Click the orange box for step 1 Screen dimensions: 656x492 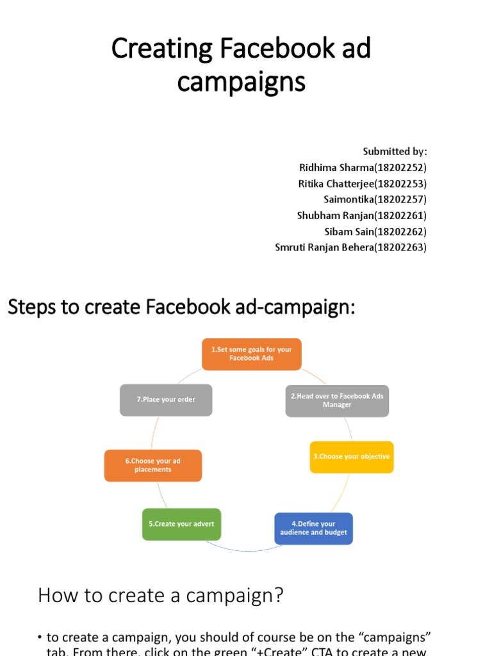click(x=251, y=354)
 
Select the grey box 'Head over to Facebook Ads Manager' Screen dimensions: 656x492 click(x=337, y=400)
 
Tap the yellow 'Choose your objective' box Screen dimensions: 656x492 click(x=352, y=457)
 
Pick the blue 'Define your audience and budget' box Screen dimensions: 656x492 click(x=313, y=529)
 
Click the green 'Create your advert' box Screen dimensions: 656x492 click(x=181, y=524)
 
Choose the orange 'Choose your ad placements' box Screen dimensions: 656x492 click(x=153, y=465)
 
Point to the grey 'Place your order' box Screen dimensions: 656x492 click(x=166, y=400)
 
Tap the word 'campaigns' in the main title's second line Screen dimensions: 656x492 click(x=241, y=82)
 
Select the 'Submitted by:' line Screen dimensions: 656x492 click(x=395, y=152)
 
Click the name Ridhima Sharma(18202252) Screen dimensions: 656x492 click(x=363, y=168)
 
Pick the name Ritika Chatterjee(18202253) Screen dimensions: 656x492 click(x=363, y=184)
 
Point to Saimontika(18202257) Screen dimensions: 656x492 click(x=375, y=200)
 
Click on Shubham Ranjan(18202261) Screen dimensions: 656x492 click(x=361, y=216)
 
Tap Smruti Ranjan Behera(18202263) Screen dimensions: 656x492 click(x=350, y=247)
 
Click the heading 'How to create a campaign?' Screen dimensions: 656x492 click(x=160, y=596)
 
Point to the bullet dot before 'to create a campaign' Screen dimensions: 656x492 click(x=40, y=637)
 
